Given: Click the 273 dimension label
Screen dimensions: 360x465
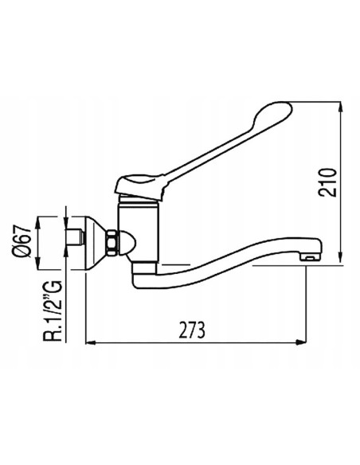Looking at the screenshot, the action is pyautogui.click(x=192, y=330).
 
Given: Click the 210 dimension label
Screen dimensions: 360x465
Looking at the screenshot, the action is pyautogui.click(x=327, y=182).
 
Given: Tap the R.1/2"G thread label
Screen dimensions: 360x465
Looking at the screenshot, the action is pyautogui.click(x=53, y=311).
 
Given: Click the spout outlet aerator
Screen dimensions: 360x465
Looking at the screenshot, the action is pyautogui.click(x=310, y=256).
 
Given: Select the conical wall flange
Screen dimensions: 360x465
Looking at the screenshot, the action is pyautogui.click(x=96, y=243).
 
